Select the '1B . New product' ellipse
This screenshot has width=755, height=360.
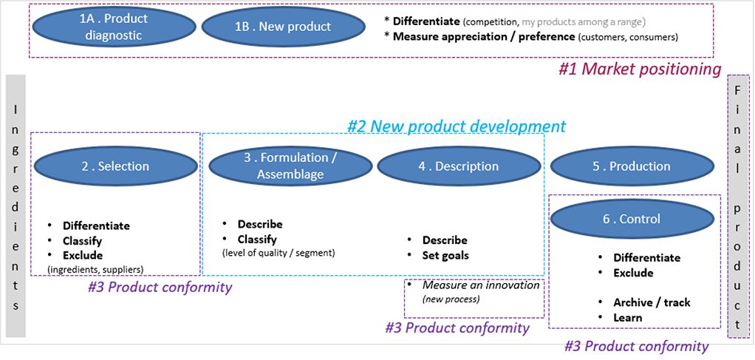coord(283,27)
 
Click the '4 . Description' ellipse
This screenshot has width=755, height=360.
coord(458,166)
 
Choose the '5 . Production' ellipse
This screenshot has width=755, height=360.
coord(631,166)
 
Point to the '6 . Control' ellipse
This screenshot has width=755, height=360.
coord(631,219)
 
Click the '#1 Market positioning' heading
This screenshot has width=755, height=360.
coord(639,69)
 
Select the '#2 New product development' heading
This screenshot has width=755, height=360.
coord(457,126)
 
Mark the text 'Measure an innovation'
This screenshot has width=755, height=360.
coord(480,285)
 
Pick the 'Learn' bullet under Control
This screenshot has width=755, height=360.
coord(627,318)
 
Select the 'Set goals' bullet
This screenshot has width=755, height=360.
coord(445,256)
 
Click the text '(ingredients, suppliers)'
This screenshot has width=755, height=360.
coord(95,269)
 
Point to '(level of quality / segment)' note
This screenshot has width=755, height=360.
coord(278,253)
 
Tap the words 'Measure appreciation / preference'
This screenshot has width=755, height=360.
coord(483,36)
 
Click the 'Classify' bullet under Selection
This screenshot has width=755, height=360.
coord(82,241)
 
